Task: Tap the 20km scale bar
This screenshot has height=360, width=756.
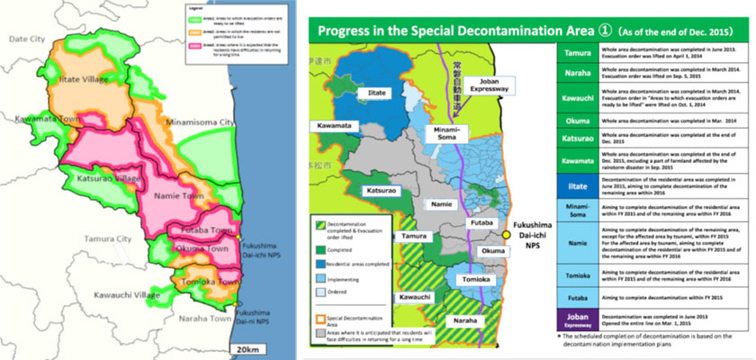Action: coord(245,348)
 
